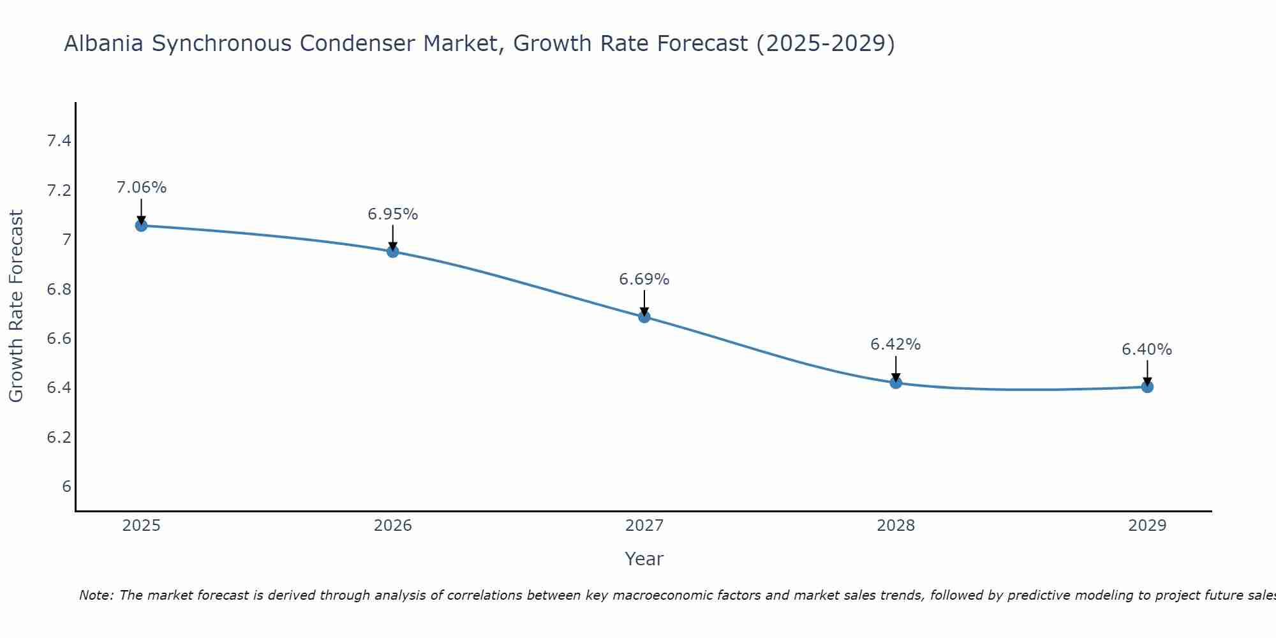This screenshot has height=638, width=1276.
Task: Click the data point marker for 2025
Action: click(141, 225)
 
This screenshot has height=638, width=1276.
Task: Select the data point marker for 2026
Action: click(393, 251)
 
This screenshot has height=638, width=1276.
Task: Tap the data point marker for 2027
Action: click(644, 316)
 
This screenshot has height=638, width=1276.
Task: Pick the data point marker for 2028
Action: click(896, 383)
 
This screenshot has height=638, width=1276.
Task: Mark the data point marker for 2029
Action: click(1147, 387)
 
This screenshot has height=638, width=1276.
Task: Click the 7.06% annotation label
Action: click(141, 188)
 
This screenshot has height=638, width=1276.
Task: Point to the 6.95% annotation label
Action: click(393, 214)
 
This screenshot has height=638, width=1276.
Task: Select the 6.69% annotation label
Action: click(644, 279)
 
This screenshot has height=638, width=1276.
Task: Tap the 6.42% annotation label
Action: click(896, 345)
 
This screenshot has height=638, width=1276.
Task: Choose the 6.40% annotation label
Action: click(1147, 350)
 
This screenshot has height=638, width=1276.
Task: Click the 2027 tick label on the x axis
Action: click(644, 526)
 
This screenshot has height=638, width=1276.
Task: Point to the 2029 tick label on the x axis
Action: click(1147, 526)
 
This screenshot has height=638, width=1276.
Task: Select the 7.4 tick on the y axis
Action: click(59, 141)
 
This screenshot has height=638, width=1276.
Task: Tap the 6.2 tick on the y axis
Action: click(59, 438)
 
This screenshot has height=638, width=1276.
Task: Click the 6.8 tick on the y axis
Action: click(59, 290)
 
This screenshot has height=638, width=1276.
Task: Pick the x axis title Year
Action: click(644, 559)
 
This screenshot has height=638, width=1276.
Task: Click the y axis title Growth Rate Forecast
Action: click(17, 306)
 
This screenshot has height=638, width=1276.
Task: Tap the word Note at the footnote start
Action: click(96, 595)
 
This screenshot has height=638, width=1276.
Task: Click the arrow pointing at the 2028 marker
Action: click(896, 368)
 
